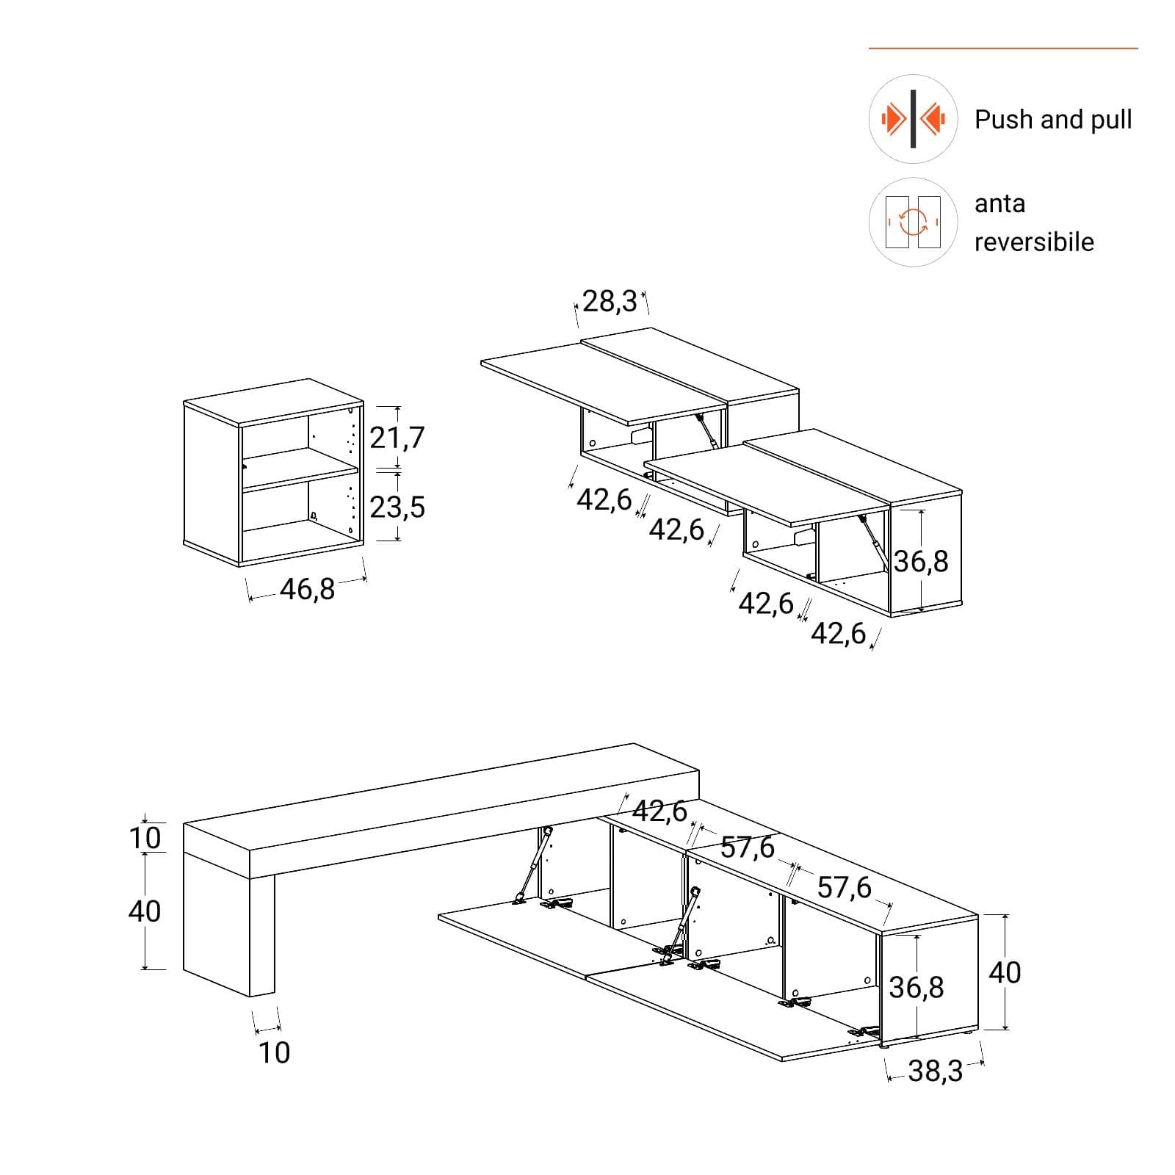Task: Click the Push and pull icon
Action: [913, 119]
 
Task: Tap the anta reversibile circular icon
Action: [913, 222]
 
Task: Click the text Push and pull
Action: [1053, 120]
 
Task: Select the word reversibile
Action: [1034, 242]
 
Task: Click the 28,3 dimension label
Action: [610, 301]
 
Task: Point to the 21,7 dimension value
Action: [397, 438]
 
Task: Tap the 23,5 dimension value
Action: [397, 507]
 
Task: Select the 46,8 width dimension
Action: [307, 589]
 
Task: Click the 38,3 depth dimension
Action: [935, 1071]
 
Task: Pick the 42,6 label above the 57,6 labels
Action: [659, 811]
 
